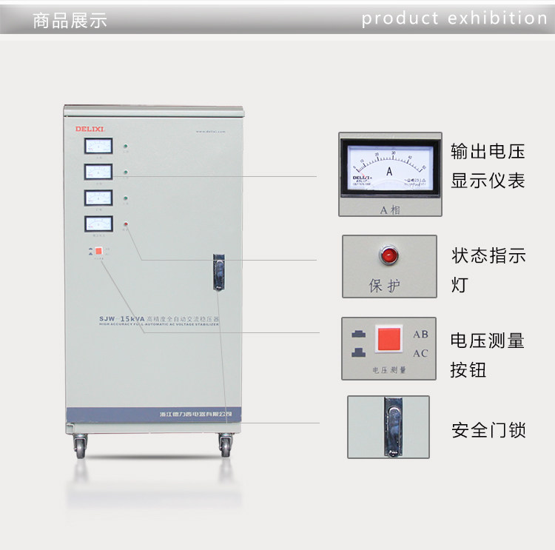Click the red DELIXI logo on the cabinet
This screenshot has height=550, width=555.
90,129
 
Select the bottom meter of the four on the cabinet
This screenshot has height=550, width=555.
98,223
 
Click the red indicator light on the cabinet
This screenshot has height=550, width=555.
127,224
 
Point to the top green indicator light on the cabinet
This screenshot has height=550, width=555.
127,147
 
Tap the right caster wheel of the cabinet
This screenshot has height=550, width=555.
225,446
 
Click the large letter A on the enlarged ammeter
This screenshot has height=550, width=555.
389,171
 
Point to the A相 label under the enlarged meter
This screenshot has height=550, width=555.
389,209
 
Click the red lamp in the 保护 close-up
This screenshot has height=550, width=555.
388,257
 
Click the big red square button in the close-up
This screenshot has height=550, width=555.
389,339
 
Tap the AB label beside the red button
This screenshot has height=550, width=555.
420,334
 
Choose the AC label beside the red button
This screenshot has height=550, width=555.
420,353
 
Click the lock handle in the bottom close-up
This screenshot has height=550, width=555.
391,426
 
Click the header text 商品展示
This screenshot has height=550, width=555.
70,21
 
